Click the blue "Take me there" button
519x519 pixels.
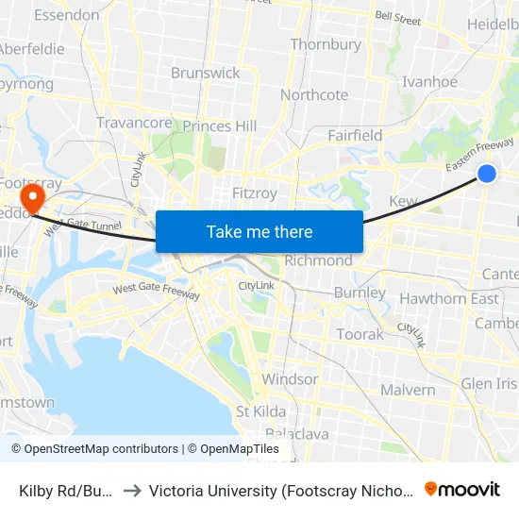pyautogui.click(x=259, y=231)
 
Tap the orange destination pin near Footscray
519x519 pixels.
pyautogui.click(x=33, y=199)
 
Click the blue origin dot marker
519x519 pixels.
pyautogui.click(x=487, y=173)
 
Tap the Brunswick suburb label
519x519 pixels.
pyautogui.click(x=206, y=73)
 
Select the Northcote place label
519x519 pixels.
pyautogui.click(x=314, y=95)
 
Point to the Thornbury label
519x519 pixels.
pyautogui.click(x=326, y=44)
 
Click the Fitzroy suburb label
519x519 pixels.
pyautogui.click(x=255, y=193)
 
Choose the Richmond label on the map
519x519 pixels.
pyautogui.click(x=318, y=260)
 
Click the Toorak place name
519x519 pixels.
pyautogui.click(x=360, y=334)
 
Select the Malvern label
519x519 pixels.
pyautogui.click(x=408, y=390)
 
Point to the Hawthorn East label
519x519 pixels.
pyautogui.click(x=449, y=299)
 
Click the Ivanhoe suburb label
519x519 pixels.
pyautogui.click(x=429, y=82)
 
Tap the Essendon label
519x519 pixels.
pyautogui.click(x=66, y=15)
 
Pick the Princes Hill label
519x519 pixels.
pyautogui.click(x=220, y=126)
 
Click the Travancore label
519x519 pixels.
pyautogui.click(x=134, y=123)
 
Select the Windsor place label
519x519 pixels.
pyautogui.click(x=290, y=379)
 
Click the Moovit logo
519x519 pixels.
pyautogui.click(x=462, y=489)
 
